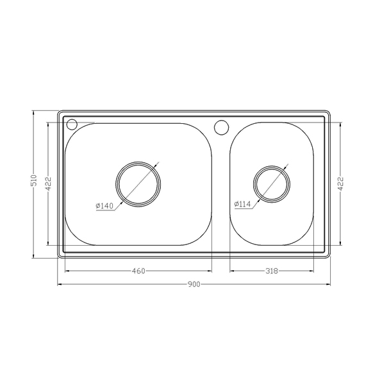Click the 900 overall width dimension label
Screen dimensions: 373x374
[x=194, y=284]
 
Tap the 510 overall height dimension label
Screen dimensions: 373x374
[x=35, y=180]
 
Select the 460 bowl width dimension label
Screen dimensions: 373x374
[x=138, y=271]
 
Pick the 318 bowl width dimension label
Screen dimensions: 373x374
[x=272, y=271]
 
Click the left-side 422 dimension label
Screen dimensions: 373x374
[x=48, y=183]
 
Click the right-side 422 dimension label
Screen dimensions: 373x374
[x=340, y=183]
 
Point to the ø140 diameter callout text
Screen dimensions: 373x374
[x=104, y=206]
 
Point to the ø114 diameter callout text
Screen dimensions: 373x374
[x=242, y=204]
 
